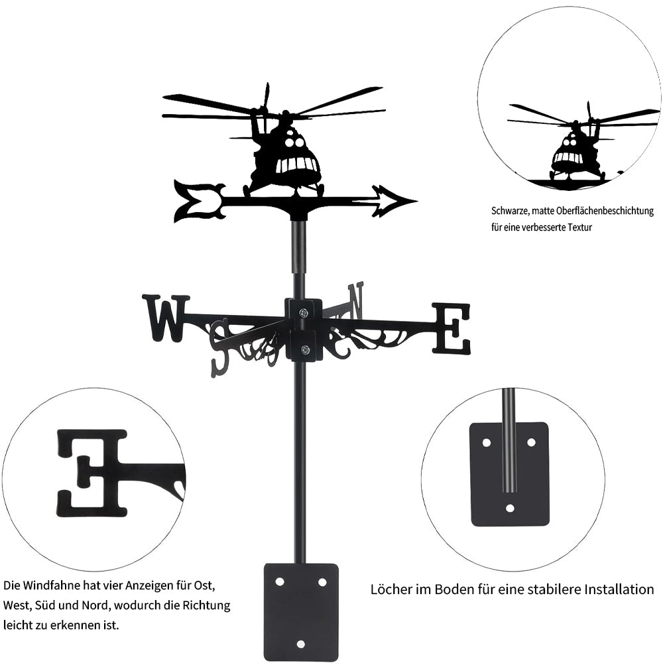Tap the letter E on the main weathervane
coord(451,328)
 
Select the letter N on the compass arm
coord(355,301)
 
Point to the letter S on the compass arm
coord(221,347)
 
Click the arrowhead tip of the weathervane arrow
coord(417,202)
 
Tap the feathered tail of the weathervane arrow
coord(199,200)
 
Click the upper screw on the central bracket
coord(304,313)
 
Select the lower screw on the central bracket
coord(304,349)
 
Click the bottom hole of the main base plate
coord(300,644)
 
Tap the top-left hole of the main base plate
coord(280,582)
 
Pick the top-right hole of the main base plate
coord(322,582)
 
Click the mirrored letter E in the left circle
coord(91,473)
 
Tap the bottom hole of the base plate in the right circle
coord(510,508)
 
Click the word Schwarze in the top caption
coord(509,211)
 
